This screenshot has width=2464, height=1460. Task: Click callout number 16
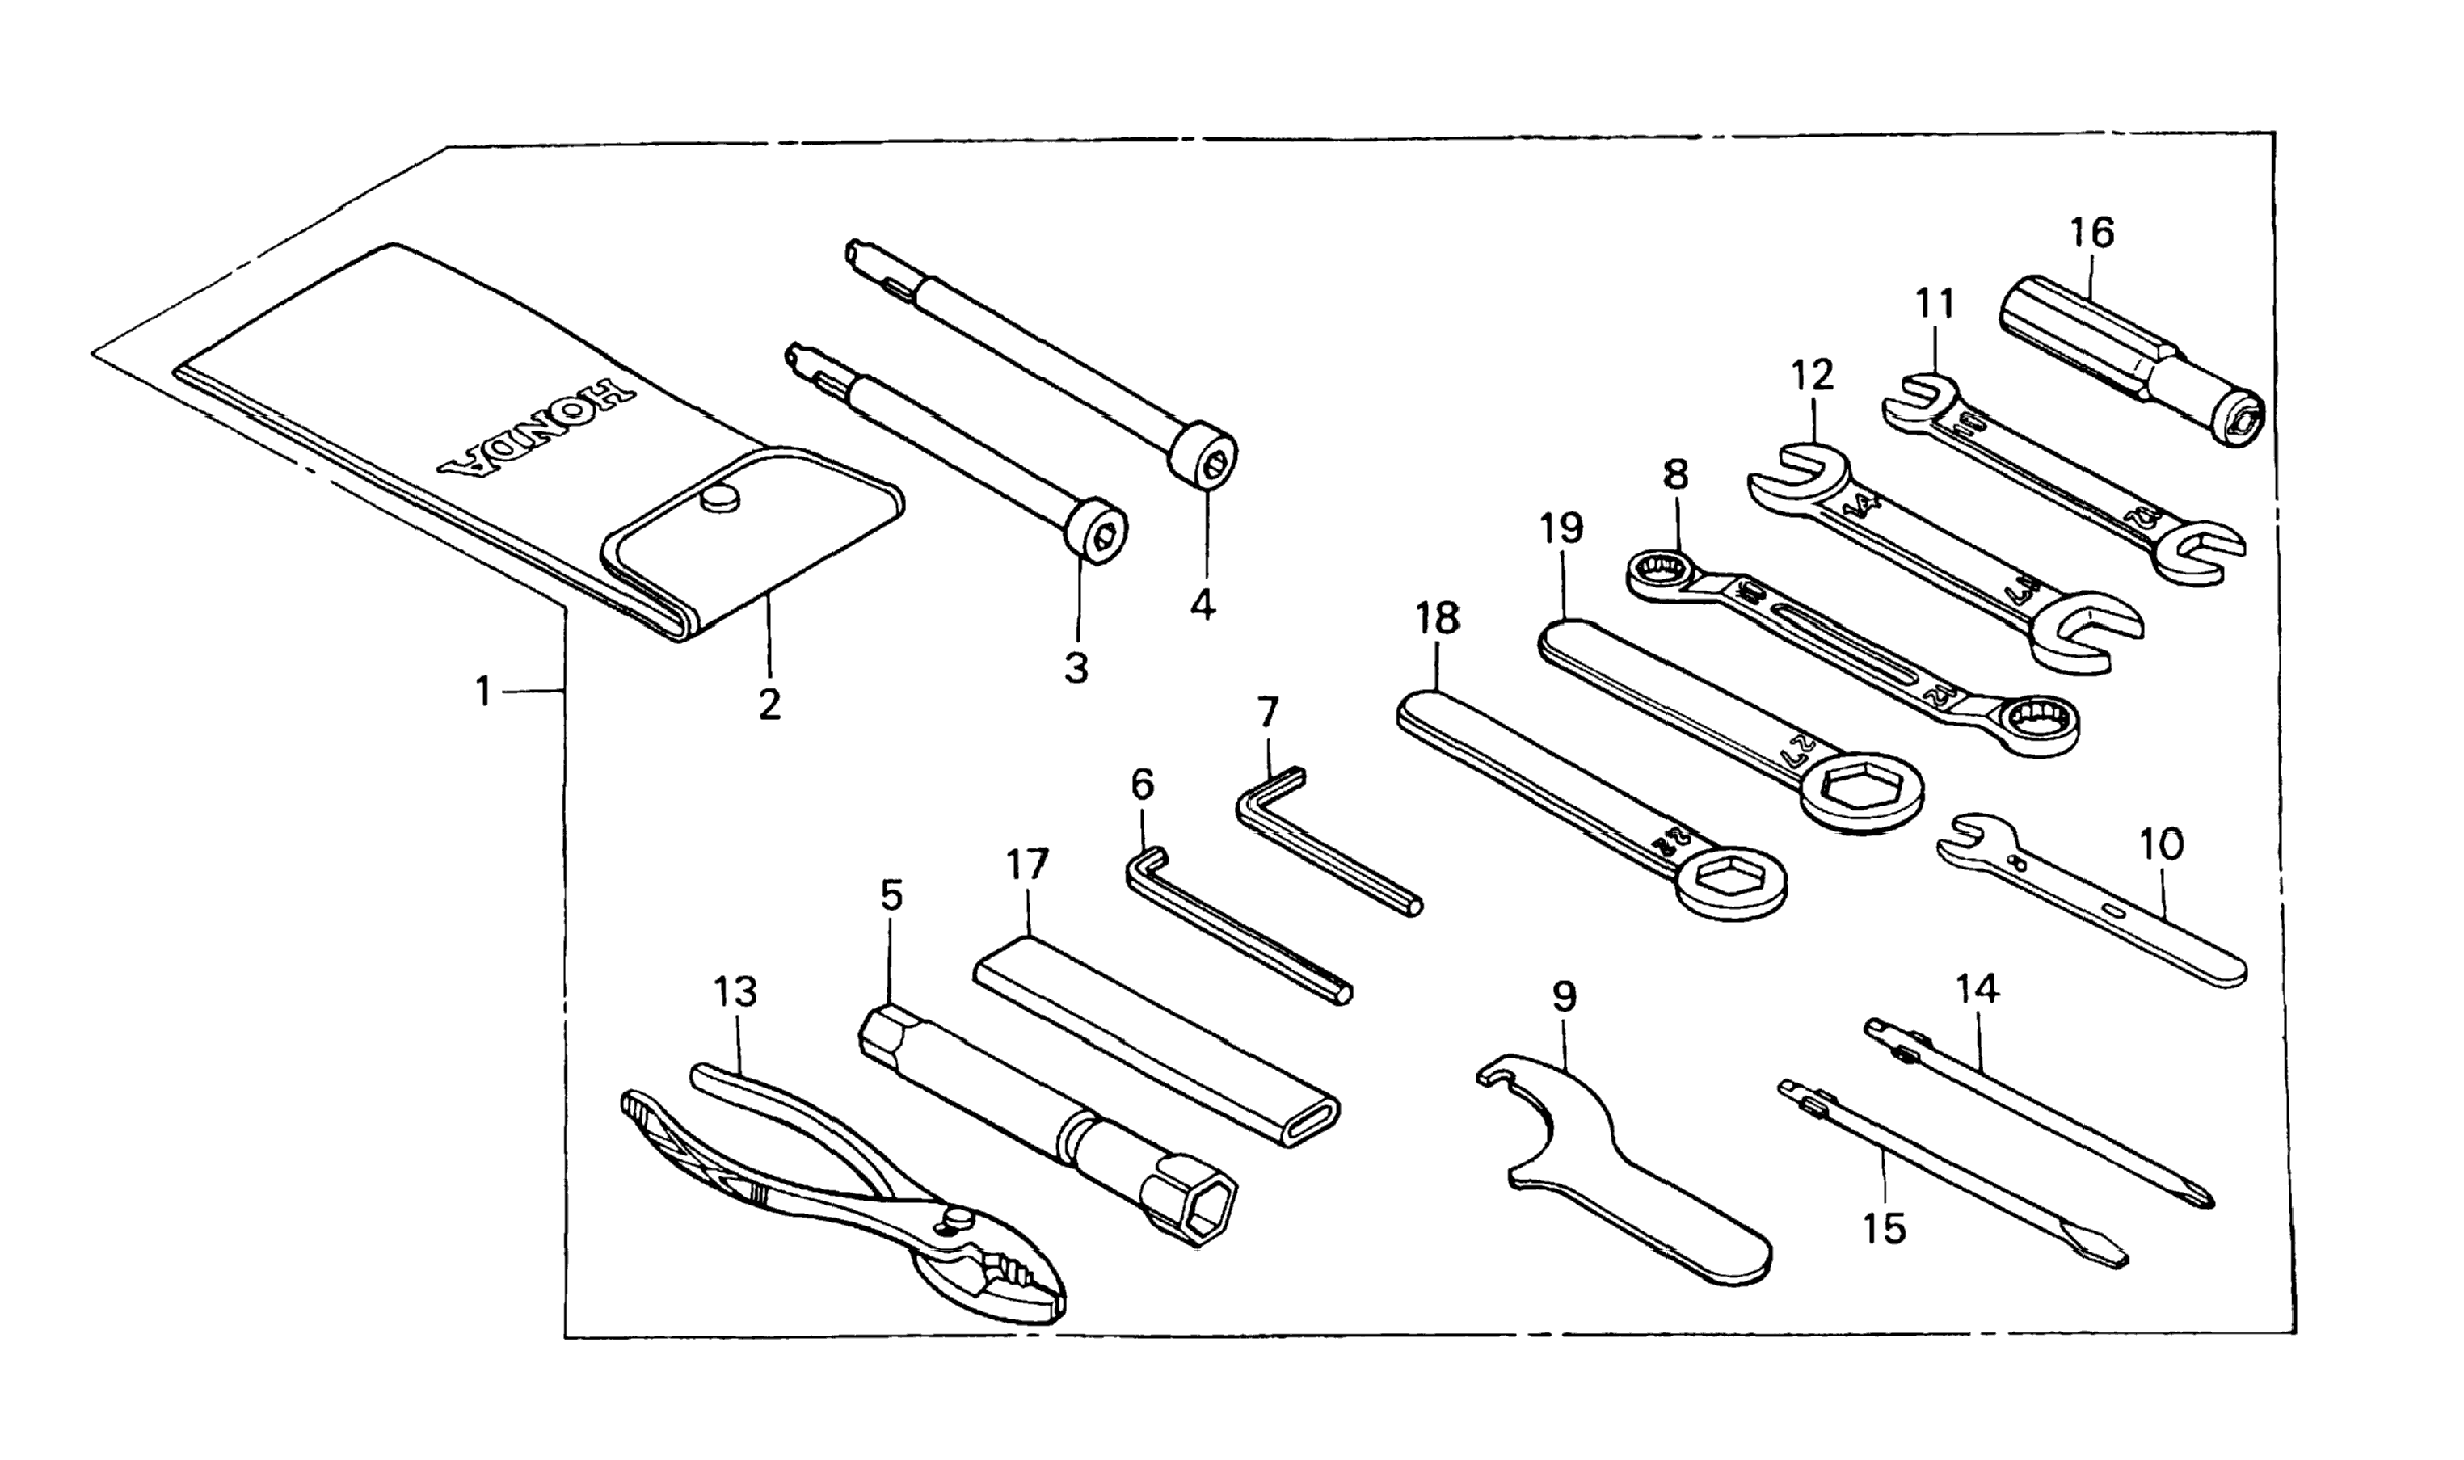[x=2091, y=234]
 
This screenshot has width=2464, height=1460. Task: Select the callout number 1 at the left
[x=483, y=692]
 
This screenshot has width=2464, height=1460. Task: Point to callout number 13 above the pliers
[x=736, y=991]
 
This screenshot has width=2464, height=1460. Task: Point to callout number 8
[x=1674, y=475]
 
